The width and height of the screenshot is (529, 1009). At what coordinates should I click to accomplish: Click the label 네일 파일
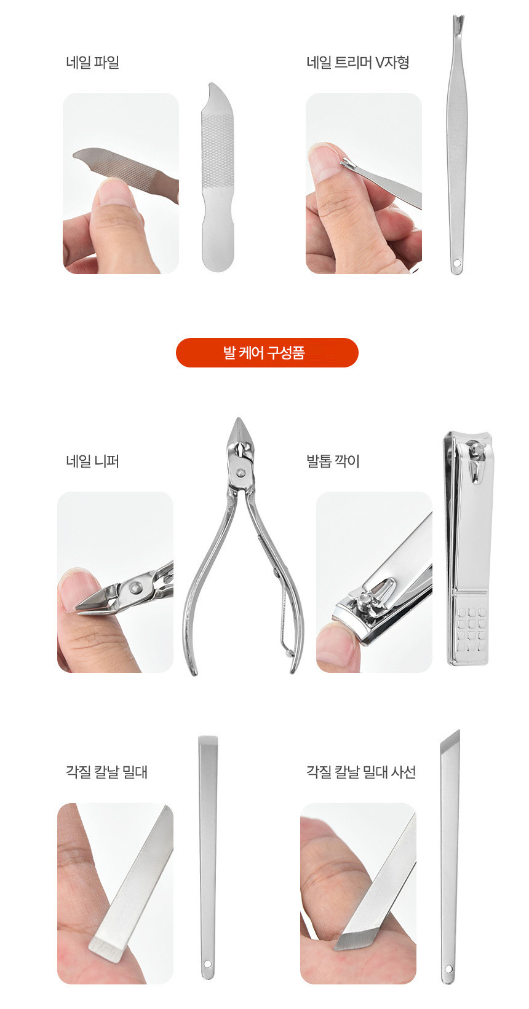[92, 62]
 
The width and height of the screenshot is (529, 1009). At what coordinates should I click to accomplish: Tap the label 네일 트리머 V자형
[357, 62]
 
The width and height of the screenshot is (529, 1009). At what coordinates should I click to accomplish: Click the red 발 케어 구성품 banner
[267, 353]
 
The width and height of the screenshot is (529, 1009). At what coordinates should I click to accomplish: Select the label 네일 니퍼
[92, 461]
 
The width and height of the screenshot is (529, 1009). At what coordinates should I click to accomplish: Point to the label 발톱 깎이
[333, 461]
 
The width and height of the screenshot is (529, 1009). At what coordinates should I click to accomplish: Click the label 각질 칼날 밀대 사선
[361, 772]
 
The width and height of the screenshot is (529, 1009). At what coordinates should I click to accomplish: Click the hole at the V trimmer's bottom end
[456, 262]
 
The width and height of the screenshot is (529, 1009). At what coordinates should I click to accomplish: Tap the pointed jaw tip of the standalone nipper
[239, 420]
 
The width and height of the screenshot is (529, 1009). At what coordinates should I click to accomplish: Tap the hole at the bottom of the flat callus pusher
[207, 964]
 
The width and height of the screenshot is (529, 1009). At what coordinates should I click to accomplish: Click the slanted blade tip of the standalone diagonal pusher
[453, 739]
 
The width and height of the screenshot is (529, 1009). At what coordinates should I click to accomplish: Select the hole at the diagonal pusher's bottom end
[448, 968]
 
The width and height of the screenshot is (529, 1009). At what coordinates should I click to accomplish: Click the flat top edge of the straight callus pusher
[208, 737]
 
